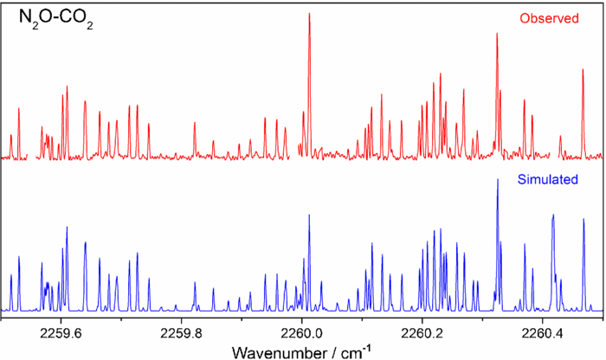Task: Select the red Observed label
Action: click(x=549, y=18)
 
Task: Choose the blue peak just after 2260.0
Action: click(x=309, y=216)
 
